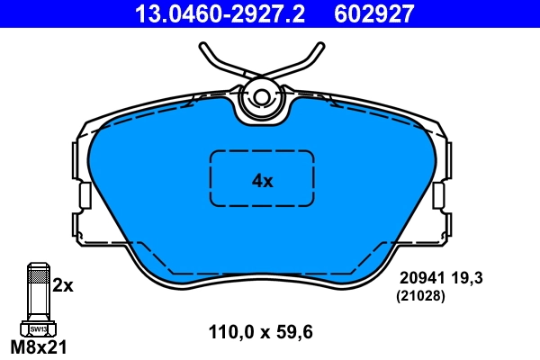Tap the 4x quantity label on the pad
pyautogui.click(x=261, y=180)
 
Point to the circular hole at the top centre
pyautogui.click(x=262, y=98)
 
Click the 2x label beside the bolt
pyautogui.click(x=62, y=285)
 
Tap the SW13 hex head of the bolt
pyautogui.click(x=37, y=329)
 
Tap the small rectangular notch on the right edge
pyautogui.click(x=439, y=195)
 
